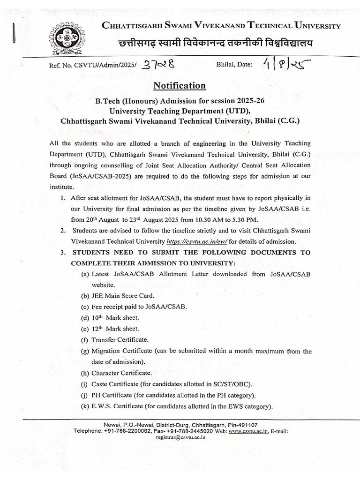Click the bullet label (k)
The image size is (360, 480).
point(85,406)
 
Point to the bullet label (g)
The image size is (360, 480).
point(85,351)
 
